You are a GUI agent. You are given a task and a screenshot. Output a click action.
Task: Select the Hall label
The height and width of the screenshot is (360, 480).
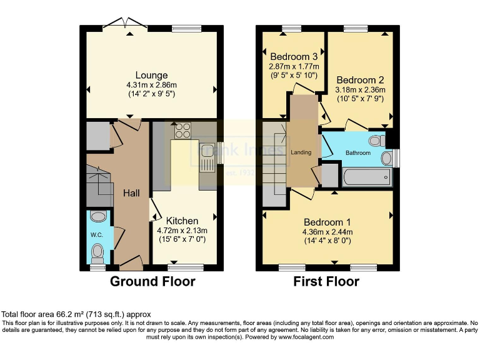[131, 193]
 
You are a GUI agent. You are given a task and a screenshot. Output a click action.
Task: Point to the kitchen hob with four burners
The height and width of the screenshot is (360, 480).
[183, 131]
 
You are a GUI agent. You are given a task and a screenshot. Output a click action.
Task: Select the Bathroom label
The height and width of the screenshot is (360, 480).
[358, 153]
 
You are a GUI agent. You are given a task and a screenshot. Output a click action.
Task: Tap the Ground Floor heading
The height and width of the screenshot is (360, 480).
[152, 281]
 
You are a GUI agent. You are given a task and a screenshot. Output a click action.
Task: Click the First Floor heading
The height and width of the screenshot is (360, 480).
[326, 281]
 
